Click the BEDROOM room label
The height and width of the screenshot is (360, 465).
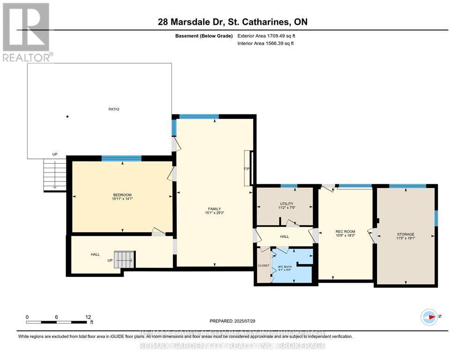[x=122, y=195]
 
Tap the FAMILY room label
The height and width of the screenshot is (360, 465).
[x=214, y=209]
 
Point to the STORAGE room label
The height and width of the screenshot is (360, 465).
[x=406, y=234]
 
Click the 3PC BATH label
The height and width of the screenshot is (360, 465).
[x=285, y=267]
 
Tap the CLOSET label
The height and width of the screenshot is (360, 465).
[x=264, y=266]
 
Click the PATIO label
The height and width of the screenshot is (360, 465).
[x=113, y=109]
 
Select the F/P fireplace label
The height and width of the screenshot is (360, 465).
[x=246, y=169]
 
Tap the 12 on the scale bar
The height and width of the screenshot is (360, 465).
[x=88, y=317]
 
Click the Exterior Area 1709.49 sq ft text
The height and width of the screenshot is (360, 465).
[x=266, y=36]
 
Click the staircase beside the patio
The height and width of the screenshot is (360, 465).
[x=55, y=174]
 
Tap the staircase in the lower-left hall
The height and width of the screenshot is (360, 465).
[x=124, y=259]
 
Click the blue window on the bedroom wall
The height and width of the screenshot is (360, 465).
[x=121, y=158]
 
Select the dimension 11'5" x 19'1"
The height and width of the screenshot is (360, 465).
[x=406, y=239]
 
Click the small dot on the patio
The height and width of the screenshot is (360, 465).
[x=67, y=117]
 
